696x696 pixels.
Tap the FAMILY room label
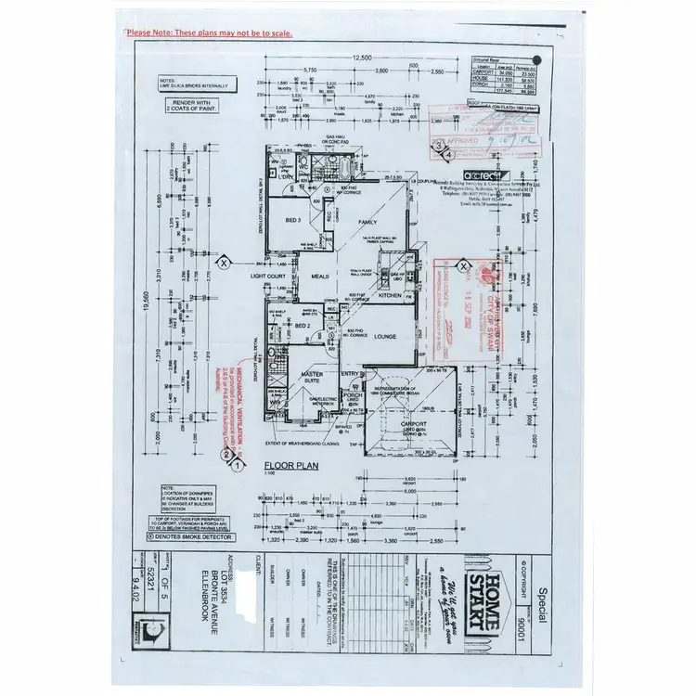pos(368,222)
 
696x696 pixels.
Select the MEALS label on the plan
pos(320,276)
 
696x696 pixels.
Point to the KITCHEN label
pos(391,294)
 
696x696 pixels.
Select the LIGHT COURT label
pos(268,276)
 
